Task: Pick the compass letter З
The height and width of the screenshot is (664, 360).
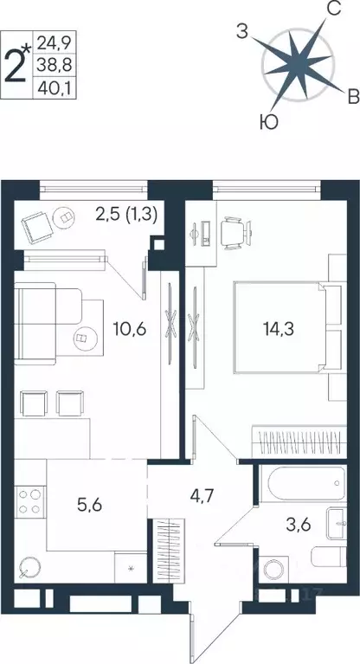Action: pos(244,32)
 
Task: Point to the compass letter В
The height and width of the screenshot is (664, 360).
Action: pos(353,95)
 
